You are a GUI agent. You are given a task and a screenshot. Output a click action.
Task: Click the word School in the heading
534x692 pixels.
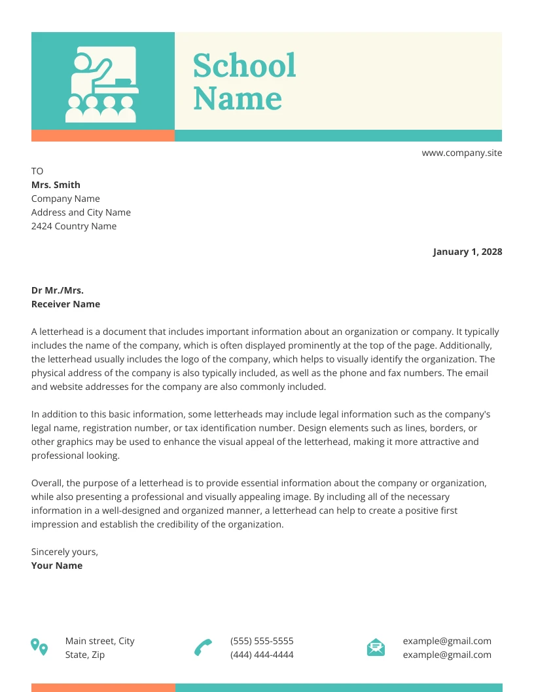(244, 66)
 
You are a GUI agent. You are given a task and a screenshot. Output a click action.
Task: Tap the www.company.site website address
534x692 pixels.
(461, 153)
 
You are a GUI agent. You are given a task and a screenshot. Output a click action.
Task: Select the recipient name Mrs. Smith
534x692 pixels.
(56, 185)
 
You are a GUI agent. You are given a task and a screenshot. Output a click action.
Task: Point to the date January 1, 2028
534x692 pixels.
(467, 252)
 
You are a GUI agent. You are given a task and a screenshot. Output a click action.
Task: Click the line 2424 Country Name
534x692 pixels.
(74, 226)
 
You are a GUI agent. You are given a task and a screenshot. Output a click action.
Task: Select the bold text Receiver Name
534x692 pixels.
(65, 304)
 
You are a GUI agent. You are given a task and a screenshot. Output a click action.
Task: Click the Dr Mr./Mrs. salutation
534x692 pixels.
(58, 290)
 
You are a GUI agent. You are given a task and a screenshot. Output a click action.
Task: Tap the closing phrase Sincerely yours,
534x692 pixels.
(65, 552)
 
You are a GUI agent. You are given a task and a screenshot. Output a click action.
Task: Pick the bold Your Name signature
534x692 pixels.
(57, 566)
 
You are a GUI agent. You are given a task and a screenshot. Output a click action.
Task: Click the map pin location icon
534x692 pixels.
(39, 647)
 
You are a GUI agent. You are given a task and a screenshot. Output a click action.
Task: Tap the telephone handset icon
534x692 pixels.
(204, 647)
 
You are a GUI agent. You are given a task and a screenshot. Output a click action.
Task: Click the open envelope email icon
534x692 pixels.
(376, 647)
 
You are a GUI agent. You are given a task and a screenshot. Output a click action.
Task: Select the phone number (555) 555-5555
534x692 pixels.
(262, 641)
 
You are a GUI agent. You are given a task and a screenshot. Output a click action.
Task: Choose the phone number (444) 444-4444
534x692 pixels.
(262, 655)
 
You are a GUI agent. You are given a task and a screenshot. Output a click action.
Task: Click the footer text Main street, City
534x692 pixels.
(100, 641)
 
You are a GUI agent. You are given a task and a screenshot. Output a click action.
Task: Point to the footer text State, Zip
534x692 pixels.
(85, 655)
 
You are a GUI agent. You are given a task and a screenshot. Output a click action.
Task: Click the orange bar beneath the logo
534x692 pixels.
(103, 136)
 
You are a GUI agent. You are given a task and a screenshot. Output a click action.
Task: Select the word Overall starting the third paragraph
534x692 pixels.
(47, 483)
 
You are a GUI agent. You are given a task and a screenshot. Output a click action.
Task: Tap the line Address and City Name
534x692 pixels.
(81, 212)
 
